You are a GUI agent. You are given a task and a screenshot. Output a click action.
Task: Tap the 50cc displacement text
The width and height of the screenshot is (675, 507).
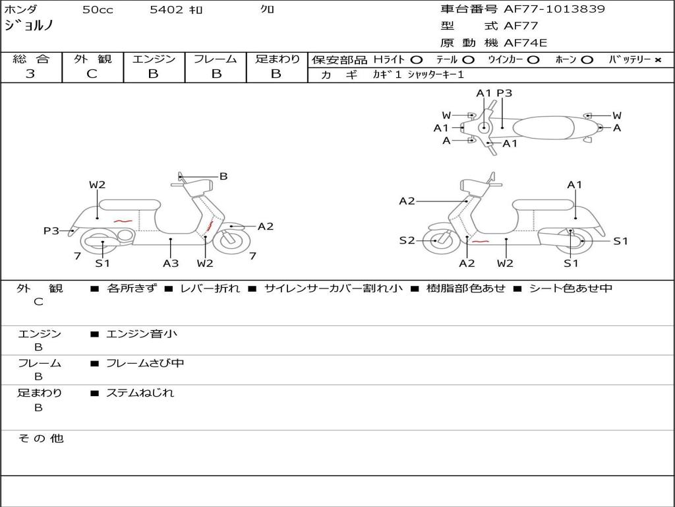pyautogui.click(x=96, y=10)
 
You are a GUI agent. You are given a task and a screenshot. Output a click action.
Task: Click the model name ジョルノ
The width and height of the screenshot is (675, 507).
pyautogui.click(x=28, y=26)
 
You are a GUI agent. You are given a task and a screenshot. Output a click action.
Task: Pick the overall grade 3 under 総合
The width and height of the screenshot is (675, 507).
pyautogui.click(x=30, y=74)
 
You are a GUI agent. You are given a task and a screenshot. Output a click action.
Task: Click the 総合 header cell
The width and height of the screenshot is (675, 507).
pyautogui.click(x=31, y=59)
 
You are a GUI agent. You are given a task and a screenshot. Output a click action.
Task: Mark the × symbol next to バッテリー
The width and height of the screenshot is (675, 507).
pyautogui.click(x=657, y=59)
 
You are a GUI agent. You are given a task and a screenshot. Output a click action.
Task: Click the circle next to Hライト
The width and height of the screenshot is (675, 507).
pyautogui.click(x=417, y=59)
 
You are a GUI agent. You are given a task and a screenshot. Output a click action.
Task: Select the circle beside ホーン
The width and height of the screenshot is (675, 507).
pyautogui.click(x=587, y=59)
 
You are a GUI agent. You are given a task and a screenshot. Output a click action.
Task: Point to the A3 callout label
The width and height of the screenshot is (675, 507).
pyautogui.click(x=171, y=263)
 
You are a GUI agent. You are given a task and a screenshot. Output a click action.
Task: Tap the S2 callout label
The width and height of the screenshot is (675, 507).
pyautogui.click(x=407, y=240)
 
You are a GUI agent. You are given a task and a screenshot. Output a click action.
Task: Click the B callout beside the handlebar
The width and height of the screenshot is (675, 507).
pyautogui.click(x=223, y=176)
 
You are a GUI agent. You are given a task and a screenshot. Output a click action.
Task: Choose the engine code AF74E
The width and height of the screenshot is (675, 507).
pyautogui.click(x=525, y=43)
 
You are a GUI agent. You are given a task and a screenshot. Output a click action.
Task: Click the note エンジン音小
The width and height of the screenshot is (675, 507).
pyautogui.click(x=142, y=334)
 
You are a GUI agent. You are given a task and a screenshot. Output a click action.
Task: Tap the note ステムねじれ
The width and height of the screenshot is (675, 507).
pyautogui.click(x=140, y=393)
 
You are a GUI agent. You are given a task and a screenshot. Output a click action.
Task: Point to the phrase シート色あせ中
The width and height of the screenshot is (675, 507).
pyautogui.click(x=571, y=288)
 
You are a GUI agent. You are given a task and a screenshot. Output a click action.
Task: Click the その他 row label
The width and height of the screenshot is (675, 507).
pyautogui.click(x=41, y=438)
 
